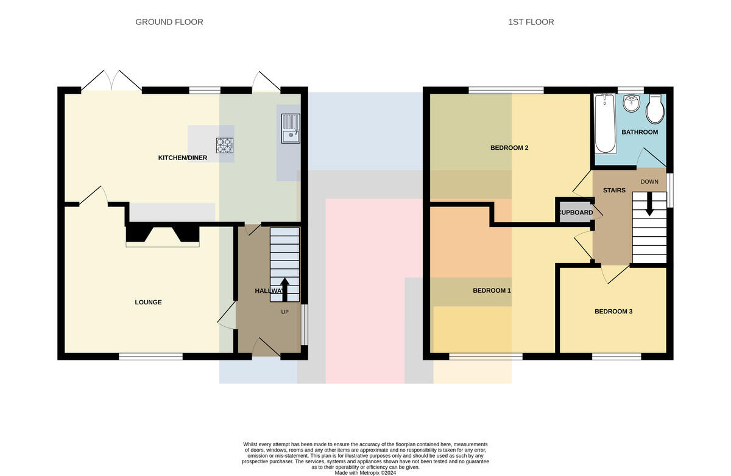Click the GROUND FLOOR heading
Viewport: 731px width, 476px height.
169,22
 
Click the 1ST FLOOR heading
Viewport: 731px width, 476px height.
531,22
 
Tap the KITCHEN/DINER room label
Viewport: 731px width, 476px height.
182,158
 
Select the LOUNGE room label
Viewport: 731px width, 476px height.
148,303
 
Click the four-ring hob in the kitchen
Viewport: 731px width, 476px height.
225,145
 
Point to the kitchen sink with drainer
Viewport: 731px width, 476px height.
291,128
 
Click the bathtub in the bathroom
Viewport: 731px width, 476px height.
605,124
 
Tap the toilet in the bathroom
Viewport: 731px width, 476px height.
655,109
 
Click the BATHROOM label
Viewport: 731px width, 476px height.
640,132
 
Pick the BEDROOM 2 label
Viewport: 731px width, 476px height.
509,148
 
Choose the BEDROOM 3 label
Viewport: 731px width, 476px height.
613,312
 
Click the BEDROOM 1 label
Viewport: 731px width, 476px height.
492,290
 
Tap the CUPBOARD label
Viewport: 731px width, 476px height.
576,212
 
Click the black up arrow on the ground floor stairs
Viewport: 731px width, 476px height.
285,290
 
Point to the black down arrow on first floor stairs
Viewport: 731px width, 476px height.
649,204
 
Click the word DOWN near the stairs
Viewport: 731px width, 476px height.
649,181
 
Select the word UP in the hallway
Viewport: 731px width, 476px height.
285,312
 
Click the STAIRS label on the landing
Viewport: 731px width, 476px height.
614,191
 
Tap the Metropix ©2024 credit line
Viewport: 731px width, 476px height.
365,473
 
